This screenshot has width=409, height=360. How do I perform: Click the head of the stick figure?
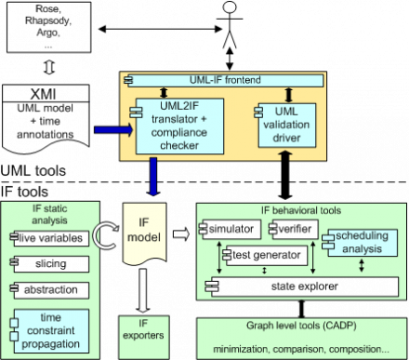tap(230, 7)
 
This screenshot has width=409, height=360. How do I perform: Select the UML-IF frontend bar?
tap(225, 80)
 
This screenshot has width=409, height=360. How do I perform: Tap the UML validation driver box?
tap(287, 125)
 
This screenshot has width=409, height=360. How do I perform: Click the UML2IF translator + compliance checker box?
tap(179, 126)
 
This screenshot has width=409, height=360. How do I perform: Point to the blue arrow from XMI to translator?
tap(113, 129)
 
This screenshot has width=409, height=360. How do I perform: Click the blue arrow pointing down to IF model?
tap(153, 177)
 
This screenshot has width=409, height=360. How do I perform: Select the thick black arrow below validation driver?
tap(285, 175)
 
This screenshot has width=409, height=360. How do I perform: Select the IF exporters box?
tap(144, 338)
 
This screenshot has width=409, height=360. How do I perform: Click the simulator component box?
tap(231, 229)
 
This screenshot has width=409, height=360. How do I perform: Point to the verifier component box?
tap(295, 229)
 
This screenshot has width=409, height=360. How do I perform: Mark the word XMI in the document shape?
tap(43, 94)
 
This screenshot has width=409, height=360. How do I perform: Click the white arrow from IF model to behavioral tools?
tap(181, 233)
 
